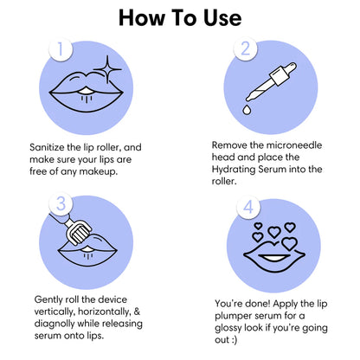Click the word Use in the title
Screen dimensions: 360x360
tap(222, 18)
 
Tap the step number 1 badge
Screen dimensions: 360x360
tap(61, 49)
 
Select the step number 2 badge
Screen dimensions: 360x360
tap(245, 48)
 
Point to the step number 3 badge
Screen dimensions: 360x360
tap(61, 204)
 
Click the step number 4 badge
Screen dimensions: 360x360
tap(248, 207)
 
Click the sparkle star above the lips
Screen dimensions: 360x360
tap(107, 69)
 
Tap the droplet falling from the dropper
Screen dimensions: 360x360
tap(247, 110)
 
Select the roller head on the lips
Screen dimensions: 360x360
tap(79, 234)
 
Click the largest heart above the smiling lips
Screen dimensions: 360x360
tap(289, 244)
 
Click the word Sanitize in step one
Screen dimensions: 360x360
tap(47, 147)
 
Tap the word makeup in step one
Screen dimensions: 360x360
tap(99, 172)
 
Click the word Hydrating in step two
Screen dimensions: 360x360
tap(234, 170)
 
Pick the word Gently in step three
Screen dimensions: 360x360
tap(48, 300)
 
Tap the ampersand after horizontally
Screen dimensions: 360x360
tap(137, 312)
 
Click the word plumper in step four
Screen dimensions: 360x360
tap(233, 317)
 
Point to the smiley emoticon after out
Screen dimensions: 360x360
tap(234, 340)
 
